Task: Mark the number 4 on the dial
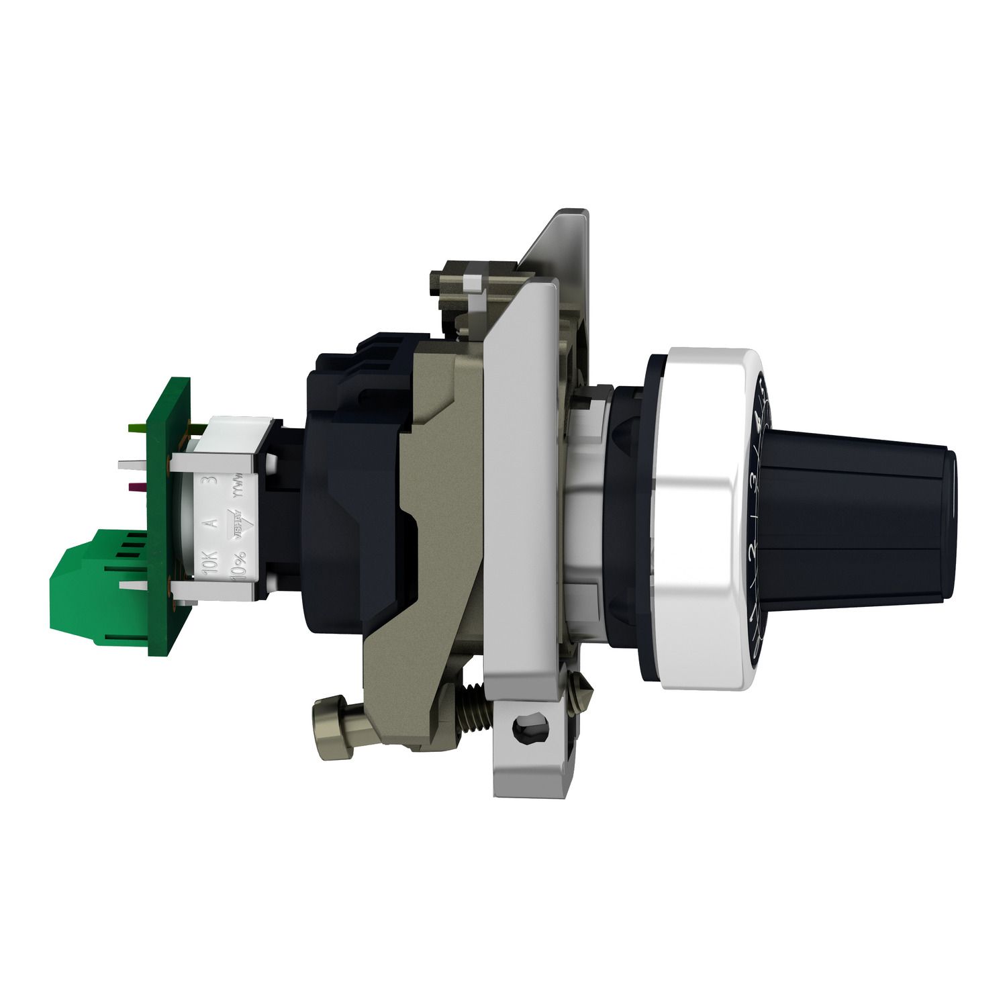point(759,422)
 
